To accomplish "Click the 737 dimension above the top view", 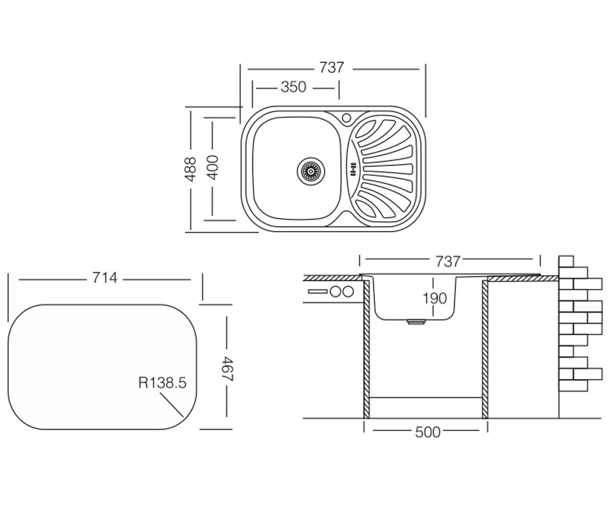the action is pos(331,68).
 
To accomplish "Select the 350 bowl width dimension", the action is pos(293,87).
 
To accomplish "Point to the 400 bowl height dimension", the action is pos(213,168).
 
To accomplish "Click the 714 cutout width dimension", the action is pos(105,278).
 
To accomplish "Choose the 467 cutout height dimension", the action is pos(227,369).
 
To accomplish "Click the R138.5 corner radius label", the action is pos(162,383).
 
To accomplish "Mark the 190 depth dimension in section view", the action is pos(435,298).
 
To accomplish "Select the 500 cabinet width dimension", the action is pos(428,432).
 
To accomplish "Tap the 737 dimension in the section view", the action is pos(447,261).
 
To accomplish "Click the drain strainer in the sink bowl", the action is pos(311,171).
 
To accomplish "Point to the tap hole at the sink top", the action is pos(347,118).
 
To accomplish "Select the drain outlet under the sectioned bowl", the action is pos(415,322).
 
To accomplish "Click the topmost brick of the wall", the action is pos(567,261).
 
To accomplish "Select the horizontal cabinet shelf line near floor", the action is pos(426,398).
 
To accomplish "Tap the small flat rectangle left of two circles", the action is pos(318,292).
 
